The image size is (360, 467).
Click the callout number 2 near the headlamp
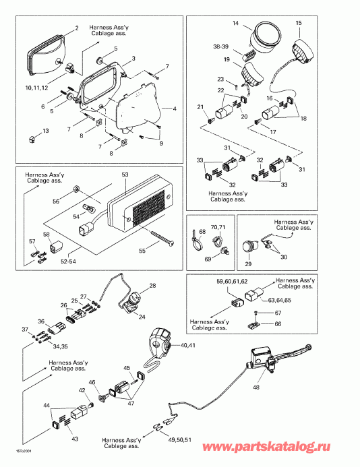pos(76,28)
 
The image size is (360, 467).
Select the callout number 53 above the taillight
pos(124,174)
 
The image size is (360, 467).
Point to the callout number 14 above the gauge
pos(236,24)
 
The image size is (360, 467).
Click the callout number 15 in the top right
pos(299,24)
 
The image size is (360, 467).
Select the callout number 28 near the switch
pos(152,286)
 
